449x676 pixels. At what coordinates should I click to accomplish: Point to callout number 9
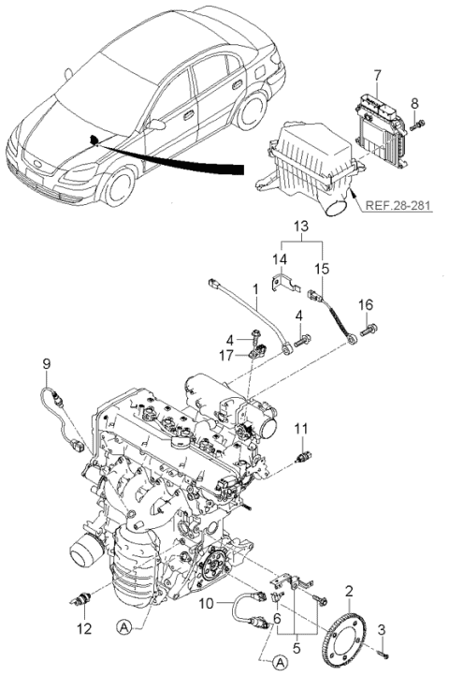pyautogui.click(x=46, y=363)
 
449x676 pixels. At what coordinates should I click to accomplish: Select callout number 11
pyautogui.click(x=301, y=429)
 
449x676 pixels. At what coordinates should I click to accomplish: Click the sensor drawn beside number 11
pyautogui.click(x=300, y=454)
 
